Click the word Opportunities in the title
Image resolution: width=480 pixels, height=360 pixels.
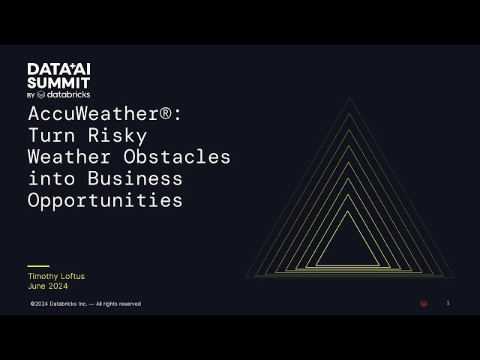coord(105,200)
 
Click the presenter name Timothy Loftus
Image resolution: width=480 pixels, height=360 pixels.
coord(56,276)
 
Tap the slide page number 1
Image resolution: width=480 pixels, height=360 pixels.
coord(448,303)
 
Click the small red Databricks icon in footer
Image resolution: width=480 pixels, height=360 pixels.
coord(424,304)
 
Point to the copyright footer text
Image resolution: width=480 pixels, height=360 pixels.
coord(85,304)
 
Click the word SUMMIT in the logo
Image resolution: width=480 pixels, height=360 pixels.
coord(59,82)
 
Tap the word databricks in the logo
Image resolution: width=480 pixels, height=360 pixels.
coord(68,94)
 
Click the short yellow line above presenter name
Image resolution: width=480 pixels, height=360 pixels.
coord(38,266)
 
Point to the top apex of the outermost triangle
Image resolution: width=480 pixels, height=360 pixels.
coord(349,97)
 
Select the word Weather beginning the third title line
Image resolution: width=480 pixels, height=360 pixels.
coord(67,157)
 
